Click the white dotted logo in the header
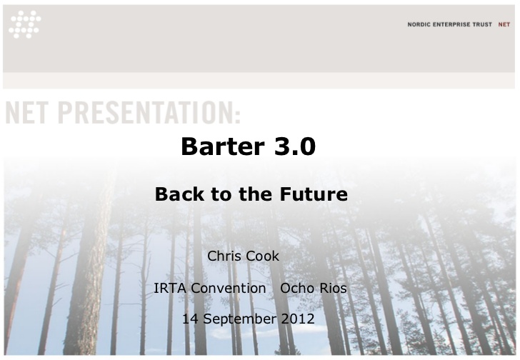[25, 24]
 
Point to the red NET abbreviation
[504, 24]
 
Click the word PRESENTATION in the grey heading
[145, 113]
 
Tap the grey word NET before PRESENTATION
[27, 113]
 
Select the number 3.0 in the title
[295, 146]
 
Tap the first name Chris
[226, 256]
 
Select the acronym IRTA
[170, 288]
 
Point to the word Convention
[229, 288]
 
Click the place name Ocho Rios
[314, 288]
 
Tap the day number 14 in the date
[190, 319]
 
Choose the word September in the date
[239, 319]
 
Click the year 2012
[298, 319]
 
